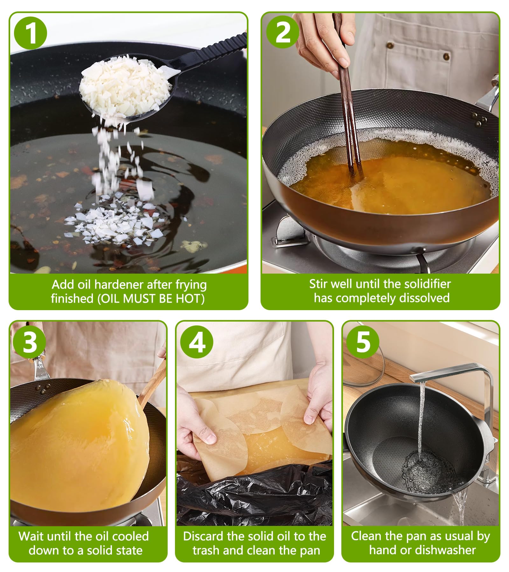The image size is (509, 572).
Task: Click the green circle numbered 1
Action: [x=31, y=33]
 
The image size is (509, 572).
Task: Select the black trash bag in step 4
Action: [x=254, y=499]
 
